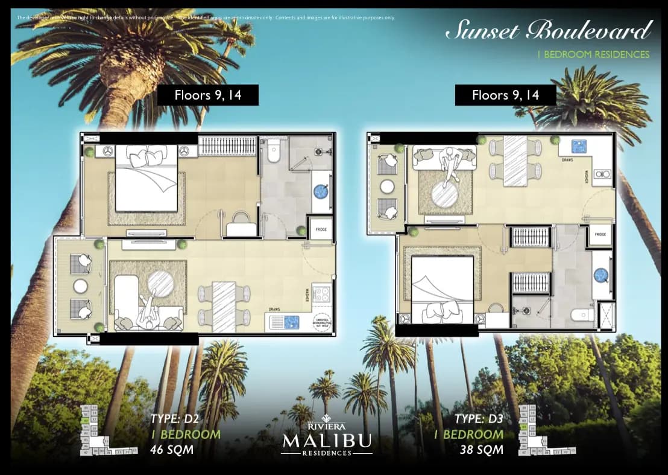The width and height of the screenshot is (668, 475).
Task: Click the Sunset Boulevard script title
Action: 548,30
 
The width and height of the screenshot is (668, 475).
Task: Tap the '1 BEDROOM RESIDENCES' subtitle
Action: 593,54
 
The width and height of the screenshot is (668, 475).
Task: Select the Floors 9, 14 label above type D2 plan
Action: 208,95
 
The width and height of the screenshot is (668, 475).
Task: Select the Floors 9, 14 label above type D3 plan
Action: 505,95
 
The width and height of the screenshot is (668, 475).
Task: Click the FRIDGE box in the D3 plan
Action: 600,234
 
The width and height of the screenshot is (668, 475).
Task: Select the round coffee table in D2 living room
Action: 160,282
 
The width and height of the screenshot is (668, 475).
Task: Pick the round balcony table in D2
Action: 80,286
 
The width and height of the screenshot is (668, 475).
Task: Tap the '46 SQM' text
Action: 171,450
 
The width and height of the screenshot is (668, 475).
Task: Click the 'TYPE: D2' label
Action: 174,419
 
